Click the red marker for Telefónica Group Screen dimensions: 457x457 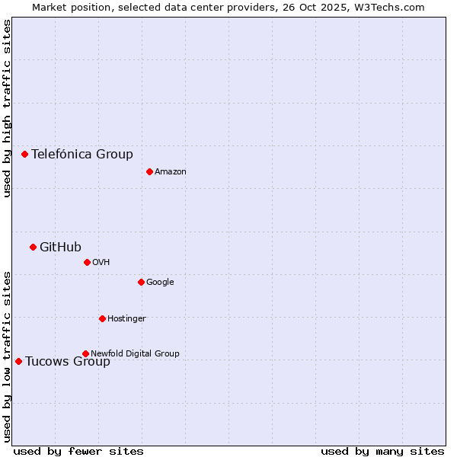point(24,154)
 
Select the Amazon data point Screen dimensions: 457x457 point(149,171)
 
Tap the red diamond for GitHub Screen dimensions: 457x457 point(33,247)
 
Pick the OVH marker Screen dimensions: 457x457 point(87,262)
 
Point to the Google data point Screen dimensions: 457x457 point(141,282)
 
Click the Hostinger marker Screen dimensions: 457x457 point(102,318)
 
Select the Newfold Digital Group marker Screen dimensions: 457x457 point(85,353)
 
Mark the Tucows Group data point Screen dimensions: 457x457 point(18,361)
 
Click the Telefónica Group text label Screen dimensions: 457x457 point(82,154)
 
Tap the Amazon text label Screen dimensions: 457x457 point(171,171)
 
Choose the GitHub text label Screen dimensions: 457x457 point(60,247)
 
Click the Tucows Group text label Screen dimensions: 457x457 point(68,361)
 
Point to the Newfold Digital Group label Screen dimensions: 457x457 point(135,353)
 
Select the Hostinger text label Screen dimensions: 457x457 point(126,318)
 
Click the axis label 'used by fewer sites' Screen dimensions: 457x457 point(78,451)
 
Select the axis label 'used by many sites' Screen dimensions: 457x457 point(382,451)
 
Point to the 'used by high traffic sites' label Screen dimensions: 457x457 point(7,108)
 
